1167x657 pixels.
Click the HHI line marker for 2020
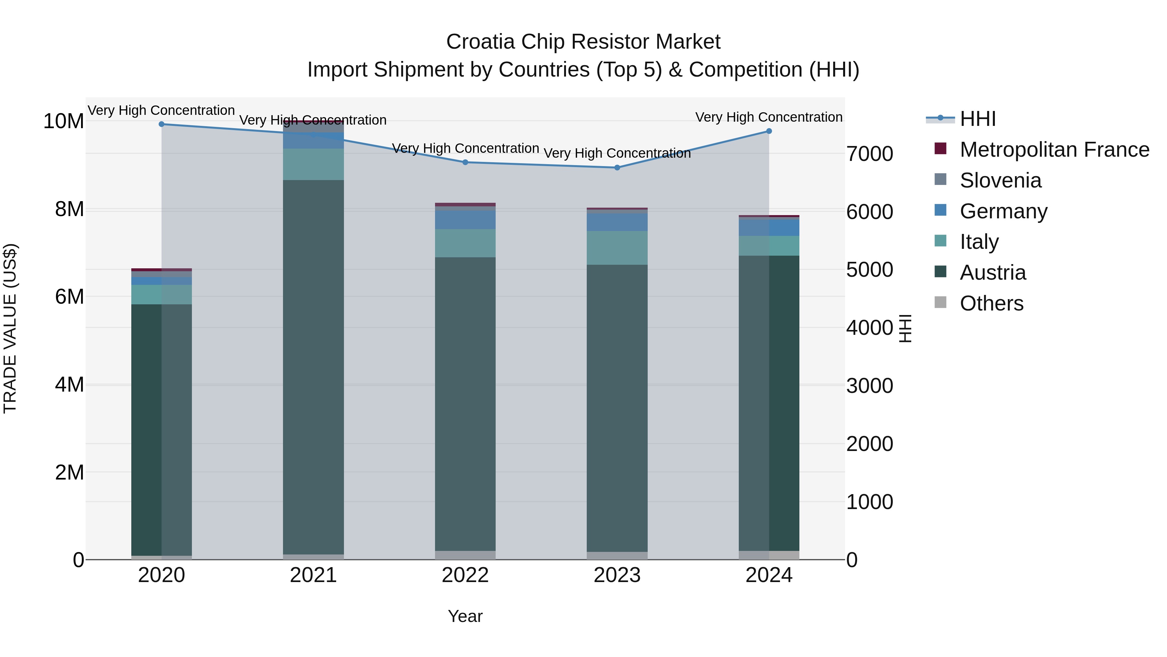click(x=162, y=124)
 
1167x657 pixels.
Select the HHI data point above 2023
click(x=617, y=168)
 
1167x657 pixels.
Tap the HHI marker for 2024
click(x=769, y=131)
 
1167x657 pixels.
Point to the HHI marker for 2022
click(x=465, y=162)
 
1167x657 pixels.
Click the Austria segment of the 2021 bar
click(x=313, y=367)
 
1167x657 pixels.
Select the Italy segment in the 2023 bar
click(x=617, y=248)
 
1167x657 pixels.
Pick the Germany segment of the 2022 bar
click(x=465, y=220)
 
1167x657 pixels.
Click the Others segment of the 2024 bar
click(x=769, y=555)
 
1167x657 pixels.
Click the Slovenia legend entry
click(x=1000, y=180)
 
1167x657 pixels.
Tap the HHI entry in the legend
click(x=978, y=119)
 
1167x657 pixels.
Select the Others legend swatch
click(x=940, y=302)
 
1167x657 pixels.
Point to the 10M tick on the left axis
click(x=64, y=122)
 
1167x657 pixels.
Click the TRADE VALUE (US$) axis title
click(x=10, y=328)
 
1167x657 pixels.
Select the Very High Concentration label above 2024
click(x=769, y=117)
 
